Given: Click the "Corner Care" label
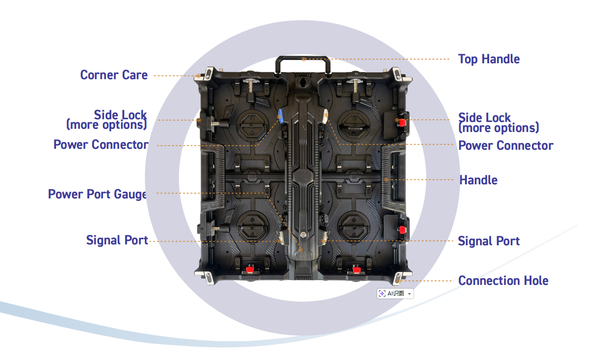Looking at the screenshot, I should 114,75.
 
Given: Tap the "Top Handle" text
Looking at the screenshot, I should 489,59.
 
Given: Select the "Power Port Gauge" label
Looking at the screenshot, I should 97,194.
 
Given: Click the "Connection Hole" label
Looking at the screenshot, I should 503,281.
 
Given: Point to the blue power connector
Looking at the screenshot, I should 281,116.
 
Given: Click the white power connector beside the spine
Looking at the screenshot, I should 325,116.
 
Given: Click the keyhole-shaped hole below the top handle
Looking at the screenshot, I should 303,83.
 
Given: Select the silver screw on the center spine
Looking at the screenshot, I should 302,236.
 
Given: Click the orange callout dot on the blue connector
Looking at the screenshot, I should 279,117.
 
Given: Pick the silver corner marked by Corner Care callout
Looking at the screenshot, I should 204,75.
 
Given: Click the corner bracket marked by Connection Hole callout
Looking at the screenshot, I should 399,278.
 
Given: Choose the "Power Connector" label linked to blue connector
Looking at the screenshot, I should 101,145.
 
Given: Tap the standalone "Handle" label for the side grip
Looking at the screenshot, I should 478,180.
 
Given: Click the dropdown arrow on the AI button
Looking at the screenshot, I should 409,294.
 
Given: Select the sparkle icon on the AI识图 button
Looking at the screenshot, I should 382,294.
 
